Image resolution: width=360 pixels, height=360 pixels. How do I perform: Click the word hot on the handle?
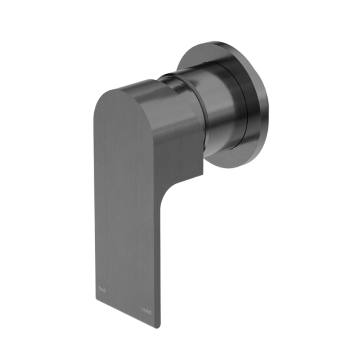pos(102,289)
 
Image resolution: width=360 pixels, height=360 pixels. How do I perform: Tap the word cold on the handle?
pos(146,310)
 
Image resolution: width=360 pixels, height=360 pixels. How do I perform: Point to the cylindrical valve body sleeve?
pos(220,108)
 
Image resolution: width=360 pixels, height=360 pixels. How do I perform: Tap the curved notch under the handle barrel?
pos(173,184)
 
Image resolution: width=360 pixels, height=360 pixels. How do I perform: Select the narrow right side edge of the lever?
pos(158,252)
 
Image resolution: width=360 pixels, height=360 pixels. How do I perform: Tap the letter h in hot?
pos(99,288)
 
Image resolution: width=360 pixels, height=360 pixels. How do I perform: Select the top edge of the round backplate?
pos(216,43)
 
